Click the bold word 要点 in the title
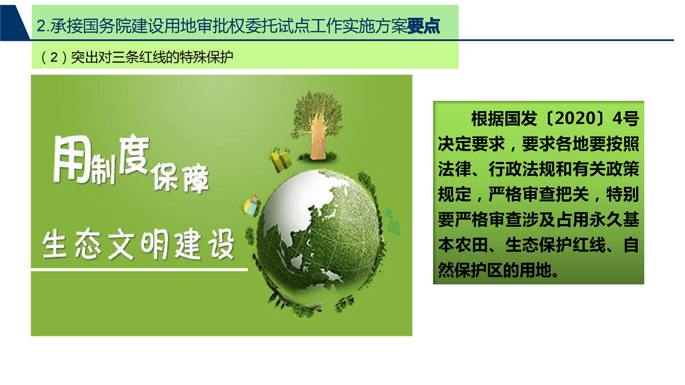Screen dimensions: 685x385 click(x=424, y=26)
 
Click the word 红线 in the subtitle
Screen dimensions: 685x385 click(x=146, y=57)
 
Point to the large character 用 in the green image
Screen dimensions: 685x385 click(x=73, y=160)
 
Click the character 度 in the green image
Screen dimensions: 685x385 click(x=133, y=156)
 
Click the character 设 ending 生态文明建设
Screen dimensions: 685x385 click(x=221, y=245)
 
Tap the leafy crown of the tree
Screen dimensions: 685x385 click(x=318, y=113)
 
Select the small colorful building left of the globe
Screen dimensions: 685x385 click(x=251, y=205)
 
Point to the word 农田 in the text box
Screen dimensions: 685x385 click(x=471, y=245)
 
